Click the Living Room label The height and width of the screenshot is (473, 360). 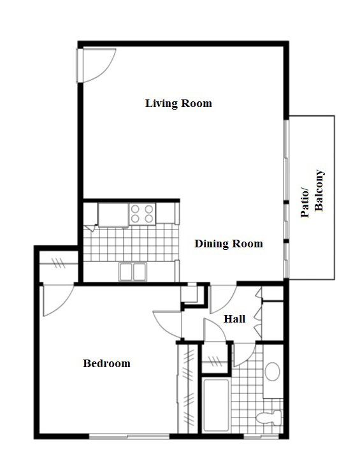click(x=178, y=103)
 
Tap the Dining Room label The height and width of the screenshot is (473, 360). click(x=229, y=244)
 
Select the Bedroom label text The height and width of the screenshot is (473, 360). click(x=107, y=363)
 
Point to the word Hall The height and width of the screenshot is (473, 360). click(x=234, y=319)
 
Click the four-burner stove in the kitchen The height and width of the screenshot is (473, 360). click(x=142, y=213)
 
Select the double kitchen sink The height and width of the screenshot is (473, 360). click(x=133, y=271)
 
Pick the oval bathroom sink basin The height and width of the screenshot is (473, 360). click(x=273, y=372)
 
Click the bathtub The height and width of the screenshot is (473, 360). click(x=215, y=407)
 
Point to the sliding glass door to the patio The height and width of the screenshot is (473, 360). click(x=287, y=198)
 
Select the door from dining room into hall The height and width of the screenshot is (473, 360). click(x=223, y=296)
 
